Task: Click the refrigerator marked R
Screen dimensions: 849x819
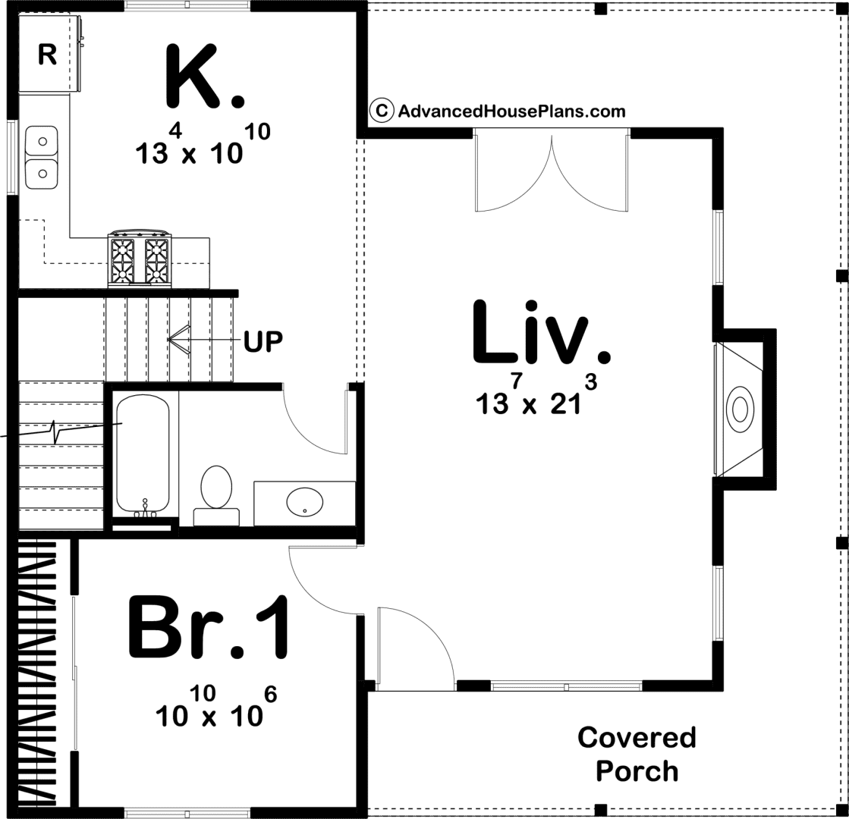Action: pos(51,53)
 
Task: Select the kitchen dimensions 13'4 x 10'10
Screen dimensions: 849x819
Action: pos(203,143)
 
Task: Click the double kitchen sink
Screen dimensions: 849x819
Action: pos(41,157)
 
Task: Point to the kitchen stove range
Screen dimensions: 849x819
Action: pos(139,258)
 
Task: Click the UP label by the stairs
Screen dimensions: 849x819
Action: pos(263,341)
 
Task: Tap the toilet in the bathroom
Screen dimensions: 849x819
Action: pos(216,494)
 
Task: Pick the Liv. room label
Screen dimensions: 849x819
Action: pos(542,332)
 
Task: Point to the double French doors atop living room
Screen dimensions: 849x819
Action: pos(552,170)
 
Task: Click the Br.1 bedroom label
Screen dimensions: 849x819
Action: pos(209,627)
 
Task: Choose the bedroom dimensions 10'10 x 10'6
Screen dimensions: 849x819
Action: pos(216,707)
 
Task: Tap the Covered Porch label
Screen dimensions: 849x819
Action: pos(637,754)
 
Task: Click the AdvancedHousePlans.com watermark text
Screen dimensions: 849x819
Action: pos(511,111)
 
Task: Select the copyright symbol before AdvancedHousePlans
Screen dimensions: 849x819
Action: pos(382,111)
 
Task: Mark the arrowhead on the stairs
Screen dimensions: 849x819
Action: pos(178,340)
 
